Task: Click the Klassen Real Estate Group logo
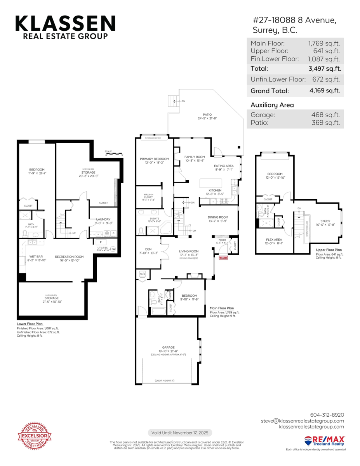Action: point(65,27)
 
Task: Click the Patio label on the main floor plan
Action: point(207,115)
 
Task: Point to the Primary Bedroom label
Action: point(154,159)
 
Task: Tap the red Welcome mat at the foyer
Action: point(223,257)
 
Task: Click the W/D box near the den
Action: point(143,275)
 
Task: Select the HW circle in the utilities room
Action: point(113,249)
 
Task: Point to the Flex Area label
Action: point(274,240)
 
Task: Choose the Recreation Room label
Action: point(69,257)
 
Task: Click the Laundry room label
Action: point(103,219)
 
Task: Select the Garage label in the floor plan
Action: point(168,347)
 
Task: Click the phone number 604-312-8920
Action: point(327,415)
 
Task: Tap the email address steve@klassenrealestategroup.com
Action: point(302,421)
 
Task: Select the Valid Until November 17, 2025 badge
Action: point(180,433)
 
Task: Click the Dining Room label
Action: point(218,217)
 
